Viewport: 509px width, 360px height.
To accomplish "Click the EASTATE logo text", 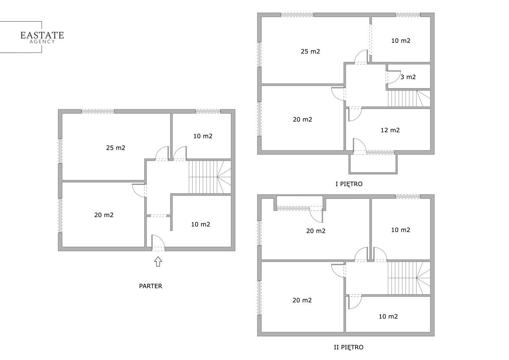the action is click(42, 35).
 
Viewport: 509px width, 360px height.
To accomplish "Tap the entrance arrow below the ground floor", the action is click(158, 262).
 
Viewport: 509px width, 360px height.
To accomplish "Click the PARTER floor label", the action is click(151, 286).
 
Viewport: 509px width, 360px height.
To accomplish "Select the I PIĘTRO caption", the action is click(349, 184).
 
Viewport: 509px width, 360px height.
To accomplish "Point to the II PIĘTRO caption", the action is click(349, 347).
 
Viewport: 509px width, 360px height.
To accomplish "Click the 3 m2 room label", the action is click(408, 77).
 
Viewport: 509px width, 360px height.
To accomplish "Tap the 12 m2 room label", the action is click(390, 130).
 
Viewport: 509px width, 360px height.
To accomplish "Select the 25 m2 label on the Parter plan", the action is click(116, 148).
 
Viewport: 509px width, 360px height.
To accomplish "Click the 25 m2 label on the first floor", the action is click(310, 52).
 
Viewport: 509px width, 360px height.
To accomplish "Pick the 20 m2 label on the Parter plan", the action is click(104, 215).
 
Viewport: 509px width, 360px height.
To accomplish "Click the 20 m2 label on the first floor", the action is click(302, 120).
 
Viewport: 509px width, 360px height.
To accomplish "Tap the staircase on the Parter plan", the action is click(210, 177).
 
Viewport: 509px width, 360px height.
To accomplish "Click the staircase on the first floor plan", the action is click(409, 98).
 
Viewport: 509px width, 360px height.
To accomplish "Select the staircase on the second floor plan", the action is click(409, 278).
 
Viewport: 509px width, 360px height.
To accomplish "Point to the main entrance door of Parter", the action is click(158, 243).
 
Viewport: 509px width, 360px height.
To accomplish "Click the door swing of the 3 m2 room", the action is click(393, 77).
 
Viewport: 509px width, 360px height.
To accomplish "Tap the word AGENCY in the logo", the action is click(42, 42).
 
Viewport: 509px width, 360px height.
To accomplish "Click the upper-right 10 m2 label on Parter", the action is click(203, 136).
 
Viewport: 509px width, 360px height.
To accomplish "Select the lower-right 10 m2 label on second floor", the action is click(389, 316).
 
